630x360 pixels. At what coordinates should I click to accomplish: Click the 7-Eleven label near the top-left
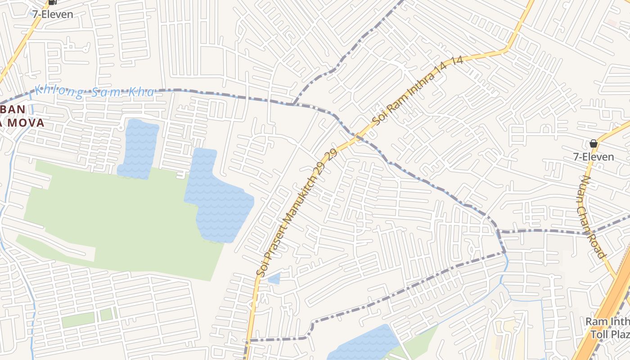coord(52,14)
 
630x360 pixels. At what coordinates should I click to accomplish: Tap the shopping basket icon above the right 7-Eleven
coord(593,144)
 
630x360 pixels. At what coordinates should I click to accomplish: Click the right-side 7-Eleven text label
coord(593,157)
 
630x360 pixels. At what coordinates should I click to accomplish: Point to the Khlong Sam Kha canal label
coord(94,92)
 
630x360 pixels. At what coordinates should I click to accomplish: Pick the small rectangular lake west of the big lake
coord(139,148)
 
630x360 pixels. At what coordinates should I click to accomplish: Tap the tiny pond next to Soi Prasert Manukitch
coord(274,279)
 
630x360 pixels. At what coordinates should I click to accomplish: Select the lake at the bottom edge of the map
coord(364,344)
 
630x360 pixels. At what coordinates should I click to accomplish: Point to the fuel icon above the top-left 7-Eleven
coord(52,2)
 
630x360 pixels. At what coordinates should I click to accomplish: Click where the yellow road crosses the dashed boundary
coord(357,135)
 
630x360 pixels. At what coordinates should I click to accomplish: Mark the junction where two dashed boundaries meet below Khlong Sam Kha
coord(293,104)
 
